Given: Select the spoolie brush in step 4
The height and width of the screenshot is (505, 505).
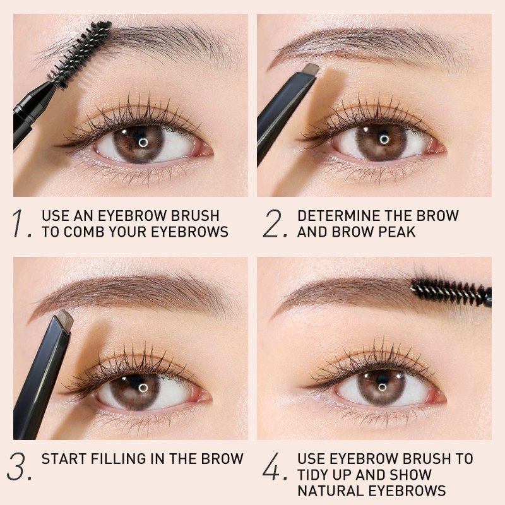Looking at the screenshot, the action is point(451,292).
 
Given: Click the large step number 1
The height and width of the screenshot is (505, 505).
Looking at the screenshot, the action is point(21,223).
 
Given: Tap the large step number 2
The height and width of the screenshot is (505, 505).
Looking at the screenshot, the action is point(275,223).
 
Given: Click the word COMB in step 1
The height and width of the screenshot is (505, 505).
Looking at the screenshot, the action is point(85,232).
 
